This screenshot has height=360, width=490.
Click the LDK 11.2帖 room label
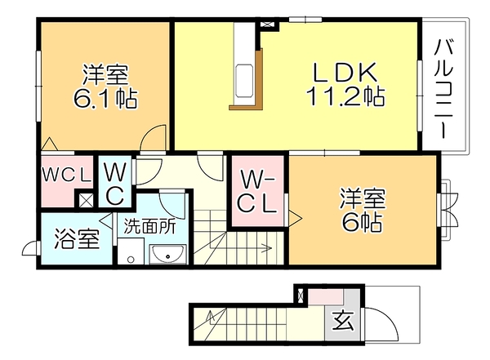(x=345, y=84)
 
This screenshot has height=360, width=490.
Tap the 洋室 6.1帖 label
(x=105, y=86)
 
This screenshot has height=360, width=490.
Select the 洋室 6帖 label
(x=363, y=209)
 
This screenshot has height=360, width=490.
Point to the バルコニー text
(x=443, y=88)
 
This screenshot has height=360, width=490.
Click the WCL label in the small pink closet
(x=67, y=176)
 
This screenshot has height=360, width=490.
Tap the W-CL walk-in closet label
(x=257, y=192)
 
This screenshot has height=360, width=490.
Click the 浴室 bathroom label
(x=77, y=239)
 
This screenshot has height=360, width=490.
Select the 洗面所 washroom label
(x=150, y=226)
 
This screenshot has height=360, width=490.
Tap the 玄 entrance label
(x=343, y=321)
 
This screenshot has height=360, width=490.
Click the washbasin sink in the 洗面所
(x=168, y=254)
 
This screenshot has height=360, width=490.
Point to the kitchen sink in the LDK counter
(x=243, y=81)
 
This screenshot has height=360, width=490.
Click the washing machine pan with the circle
(x=131, y=251)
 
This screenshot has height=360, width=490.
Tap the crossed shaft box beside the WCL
(x=86, y=200)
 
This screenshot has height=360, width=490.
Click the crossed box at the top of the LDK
(x=266, y=24)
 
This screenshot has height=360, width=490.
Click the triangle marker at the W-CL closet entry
(x=295, y=218)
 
